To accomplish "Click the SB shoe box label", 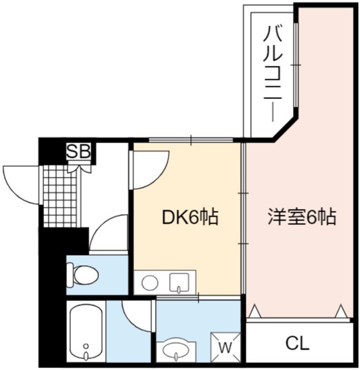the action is [x=79, y=151].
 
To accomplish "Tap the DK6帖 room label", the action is [x=190, y=217].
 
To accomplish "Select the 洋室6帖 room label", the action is [x=302, y=217].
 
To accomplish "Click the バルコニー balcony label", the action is [x=273, y=74].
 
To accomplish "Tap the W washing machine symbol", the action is [x=225, y=346].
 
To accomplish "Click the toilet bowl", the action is [x=82, y=275].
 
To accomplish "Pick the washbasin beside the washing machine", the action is [x=176, y=351].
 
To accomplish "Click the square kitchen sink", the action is [x=179, y=282].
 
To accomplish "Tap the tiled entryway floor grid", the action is [x=60, y=196].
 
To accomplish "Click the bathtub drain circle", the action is [x=86, y=346].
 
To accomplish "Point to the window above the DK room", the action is [x=191, y=140].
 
